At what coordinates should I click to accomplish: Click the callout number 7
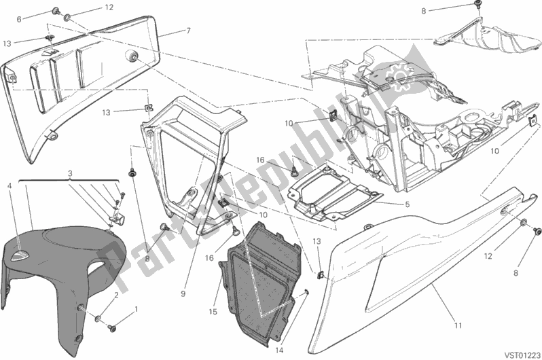pyautogui.click(x=188, y=31)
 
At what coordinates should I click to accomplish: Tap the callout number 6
pyautogui.click(x=19, y=20)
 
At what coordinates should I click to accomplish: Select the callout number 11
pyautogui.click(x=458, y=325)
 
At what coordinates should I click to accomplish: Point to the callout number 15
pyautogui.click(x=213, y=312)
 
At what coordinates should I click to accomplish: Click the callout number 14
pyautogui.click(x=280, y=350)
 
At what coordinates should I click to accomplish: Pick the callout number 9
pyautogui.click(x=183, y=294)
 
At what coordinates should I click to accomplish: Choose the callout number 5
pyautogui.click(x=408, y=204)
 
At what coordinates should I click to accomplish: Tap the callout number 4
pyautogui.click(x=10, y=186)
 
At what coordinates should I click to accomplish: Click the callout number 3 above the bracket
pyautogui.click(x=70, y=173)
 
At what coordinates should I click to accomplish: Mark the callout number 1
pyautogui.click(x=136, y=309)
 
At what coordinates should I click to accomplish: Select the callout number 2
pyautogui.click(x=117, y=295)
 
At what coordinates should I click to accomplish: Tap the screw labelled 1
pyautogui.click(x=112, y=327)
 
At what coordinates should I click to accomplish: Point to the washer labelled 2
pyautogui.click(x=98, y=318)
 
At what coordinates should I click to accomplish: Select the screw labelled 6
pyautogui.click(x=55, y=12)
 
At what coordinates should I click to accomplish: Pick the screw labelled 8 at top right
pyautogui.click(x=478, y=4)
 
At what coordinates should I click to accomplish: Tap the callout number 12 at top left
pyautogui.click(x=109, y=7)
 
